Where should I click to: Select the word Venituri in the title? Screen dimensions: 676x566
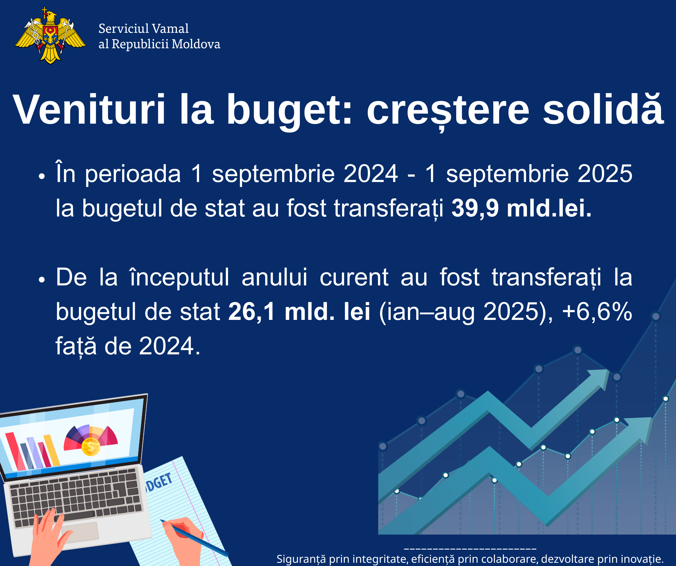pyautogui.click(x=89, y=109)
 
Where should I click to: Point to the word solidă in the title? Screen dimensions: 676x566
pyautogui.click(x=603, y=109)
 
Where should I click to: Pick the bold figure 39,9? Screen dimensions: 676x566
pyautogui.click(x=475, y=208)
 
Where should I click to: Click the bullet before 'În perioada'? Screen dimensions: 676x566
pyautogui.click(x=41, y=176)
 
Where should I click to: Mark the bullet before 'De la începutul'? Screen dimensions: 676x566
pyautogui.click(x=41, y=280)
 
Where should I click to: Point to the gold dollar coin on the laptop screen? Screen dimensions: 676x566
pyautogui.click(x=91, y=447)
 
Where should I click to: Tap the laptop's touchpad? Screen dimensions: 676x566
pyautogui.click(x=81, y=532)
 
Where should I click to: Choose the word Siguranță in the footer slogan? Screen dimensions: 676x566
pyautogui.click(x=301, y=559)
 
